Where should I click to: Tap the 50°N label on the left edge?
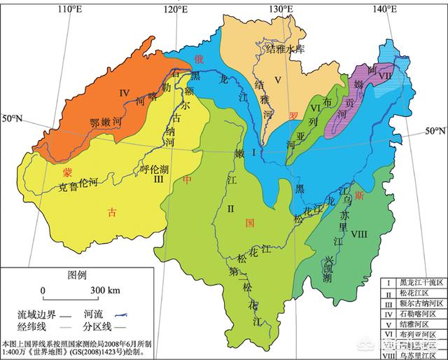point(13,119)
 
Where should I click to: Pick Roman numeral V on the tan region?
point(277,78)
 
